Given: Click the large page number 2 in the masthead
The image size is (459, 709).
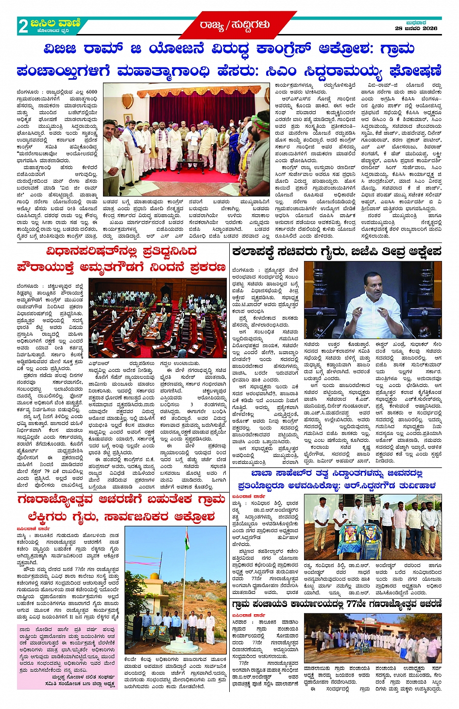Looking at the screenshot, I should pyautogui.click(x=23, y=26).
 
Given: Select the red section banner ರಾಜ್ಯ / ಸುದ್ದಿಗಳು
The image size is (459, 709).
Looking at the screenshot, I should pyautogui.click(x=234, y=25).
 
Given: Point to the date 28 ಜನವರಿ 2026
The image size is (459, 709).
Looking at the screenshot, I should pyautogui.click(x=416, y=28).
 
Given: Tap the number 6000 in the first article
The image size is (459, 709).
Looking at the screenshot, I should pyautogui.click(x=91, y=91).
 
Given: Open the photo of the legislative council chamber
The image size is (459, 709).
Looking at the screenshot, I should pyautogui.click(x=157, y=318).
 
